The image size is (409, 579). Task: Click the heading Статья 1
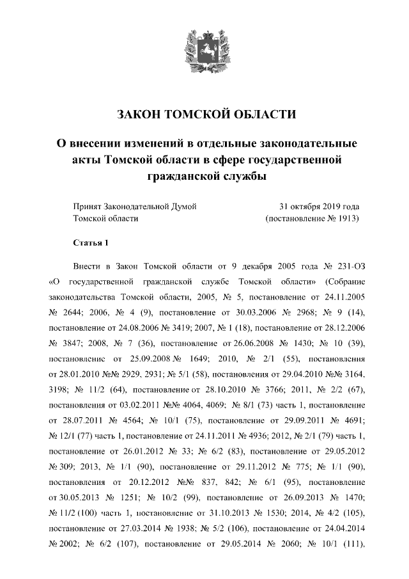[x=92, y=243]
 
